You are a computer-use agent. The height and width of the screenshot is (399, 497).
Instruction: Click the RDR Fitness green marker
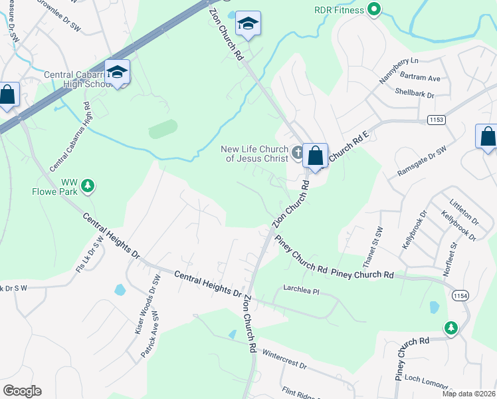coord(374,9)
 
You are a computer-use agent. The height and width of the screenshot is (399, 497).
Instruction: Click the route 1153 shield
coord(436,118)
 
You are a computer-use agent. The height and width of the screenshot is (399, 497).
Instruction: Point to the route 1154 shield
coord(458,295)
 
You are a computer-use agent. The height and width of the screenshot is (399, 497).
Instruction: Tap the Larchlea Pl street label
coord(302,291)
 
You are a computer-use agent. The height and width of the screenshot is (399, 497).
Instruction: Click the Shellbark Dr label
coord(414,94)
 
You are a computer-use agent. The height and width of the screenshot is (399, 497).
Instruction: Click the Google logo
coord(22,391)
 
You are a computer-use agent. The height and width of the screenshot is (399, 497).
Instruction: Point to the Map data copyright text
coord(468,394)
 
